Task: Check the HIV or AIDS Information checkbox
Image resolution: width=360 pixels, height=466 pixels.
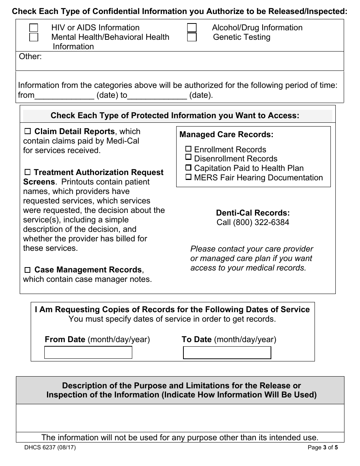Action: [x=34, y=28]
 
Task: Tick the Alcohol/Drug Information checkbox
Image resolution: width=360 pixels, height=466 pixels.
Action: [x=192, y=28]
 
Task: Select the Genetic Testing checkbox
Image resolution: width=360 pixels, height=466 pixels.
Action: [x=192, y=37]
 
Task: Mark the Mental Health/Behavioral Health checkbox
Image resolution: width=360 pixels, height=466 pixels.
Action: [x=34, y=37]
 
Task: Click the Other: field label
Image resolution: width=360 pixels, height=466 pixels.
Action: [x=30, y=56]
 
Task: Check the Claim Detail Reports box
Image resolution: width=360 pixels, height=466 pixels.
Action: [x=28, y=132]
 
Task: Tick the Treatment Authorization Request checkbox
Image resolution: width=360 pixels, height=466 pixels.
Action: [x=28, y=173]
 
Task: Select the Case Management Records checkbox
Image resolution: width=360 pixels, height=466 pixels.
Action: [x=28, y=270]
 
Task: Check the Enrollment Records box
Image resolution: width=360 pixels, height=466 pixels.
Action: [x=188, y=149]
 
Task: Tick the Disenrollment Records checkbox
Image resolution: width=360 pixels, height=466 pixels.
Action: [x=188, y=158]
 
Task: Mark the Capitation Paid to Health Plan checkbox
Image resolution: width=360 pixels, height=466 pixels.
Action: [x=188, y=168]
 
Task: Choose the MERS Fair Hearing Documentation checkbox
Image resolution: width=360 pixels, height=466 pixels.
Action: [x=188, y=177]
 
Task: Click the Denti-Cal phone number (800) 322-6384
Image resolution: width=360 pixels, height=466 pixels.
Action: [x=253, y=222]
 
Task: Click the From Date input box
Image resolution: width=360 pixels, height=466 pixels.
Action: [x=88, y=352]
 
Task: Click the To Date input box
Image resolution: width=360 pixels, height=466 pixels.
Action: [x=227, y=352]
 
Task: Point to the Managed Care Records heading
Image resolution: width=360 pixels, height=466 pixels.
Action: [x=226, y=134]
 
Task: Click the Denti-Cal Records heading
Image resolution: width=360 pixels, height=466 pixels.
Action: [x=253, y=213]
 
